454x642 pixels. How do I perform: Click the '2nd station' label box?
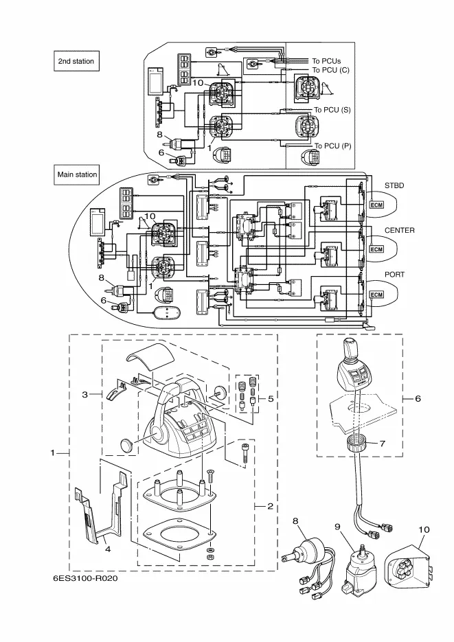tap(76, 61)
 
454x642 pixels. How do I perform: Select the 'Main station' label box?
tap(78, 174)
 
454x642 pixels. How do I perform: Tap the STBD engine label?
tap(394, 185)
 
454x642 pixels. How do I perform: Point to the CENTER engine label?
tap(399, 231)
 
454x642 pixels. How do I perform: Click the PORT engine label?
tap(396, 274)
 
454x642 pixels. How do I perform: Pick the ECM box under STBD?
tap(376, 205)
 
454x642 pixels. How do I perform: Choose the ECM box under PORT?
tap(376, 295)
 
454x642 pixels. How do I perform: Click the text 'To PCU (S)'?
tap(332, 110)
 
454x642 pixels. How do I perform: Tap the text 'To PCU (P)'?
tap(332, 146)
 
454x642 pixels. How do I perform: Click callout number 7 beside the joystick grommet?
tap(383, 443)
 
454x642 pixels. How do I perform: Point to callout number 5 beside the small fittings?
tap(270, 398)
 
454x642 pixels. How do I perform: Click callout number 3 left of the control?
tap(84, 395)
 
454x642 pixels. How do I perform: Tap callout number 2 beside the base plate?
tap(270, 506)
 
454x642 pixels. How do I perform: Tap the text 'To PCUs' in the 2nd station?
tap(326, 60)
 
